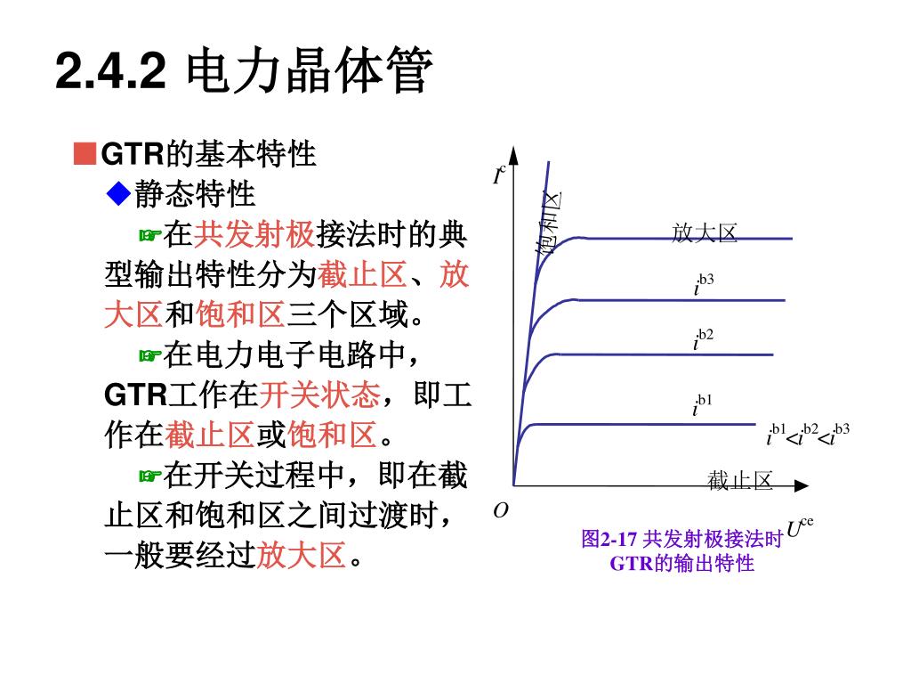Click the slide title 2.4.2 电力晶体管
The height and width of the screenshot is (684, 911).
point(244,72)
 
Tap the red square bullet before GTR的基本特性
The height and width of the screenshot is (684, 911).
point(85,153)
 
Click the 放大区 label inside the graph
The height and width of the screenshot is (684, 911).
point(705,233)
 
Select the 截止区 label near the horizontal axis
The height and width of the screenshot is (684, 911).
point(740,482)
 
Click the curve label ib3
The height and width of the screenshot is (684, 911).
point(704,285)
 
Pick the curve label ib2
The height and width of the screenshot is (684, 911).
point(704,340)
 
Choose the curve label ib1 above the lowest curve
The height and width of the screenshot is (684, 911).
point(703,405)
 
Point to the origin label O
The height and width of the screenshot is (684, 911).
point(501,511)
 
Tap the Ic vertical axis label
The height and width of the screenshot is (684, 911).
point(500,175)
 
